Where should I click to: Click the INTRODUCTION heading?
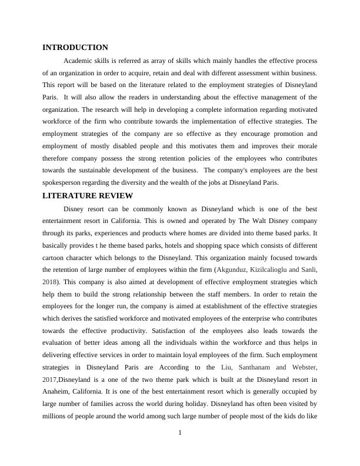coord(75,48)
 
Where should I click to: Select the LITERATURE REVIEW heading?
coord(88,196)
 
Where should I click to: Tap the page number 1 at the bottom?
coord(180,434)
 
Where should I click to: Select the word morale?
coord(306,147)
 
